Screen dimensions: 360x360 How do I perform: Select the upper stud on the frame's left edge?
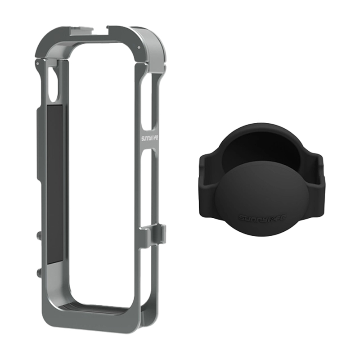click(36, 235)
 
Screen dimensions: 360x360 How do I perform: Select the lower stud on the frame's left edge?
click(36, 273)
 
